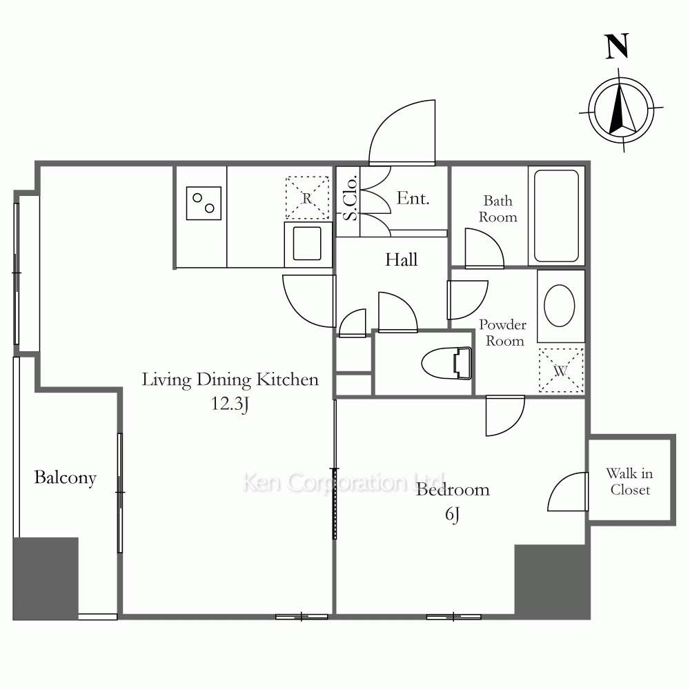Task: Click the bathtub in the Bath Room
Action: (x=556, y=215)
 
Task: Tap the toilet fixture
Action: (x=446, y=363)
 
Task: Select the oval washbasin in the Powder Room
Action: (x=560, y=306)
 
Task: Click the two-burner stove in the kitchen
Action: (x=204, y=203)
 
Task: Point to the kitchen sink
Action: (x=307, y=244)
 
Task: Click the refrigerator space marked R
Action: (x=307, y=197)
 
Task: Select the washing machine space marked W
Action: (x=561, y=370)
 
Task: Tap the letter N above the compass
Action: (x=617, y=46)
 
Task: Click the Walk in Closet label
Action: (x=630, y=482)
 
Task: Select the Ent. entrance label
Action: (x=413, y=198)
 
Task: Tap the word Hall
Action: (x=402, y=259)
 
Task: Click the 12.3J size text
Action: (x=230, y=404)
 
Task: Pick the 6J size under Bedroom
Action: (x=453, y=514)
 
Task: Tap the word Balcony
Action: (x=65, y=478)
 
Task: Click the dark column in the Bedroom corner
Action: (x=552, y=582)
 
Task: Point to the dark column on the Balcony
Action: (x=46, y=579)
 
